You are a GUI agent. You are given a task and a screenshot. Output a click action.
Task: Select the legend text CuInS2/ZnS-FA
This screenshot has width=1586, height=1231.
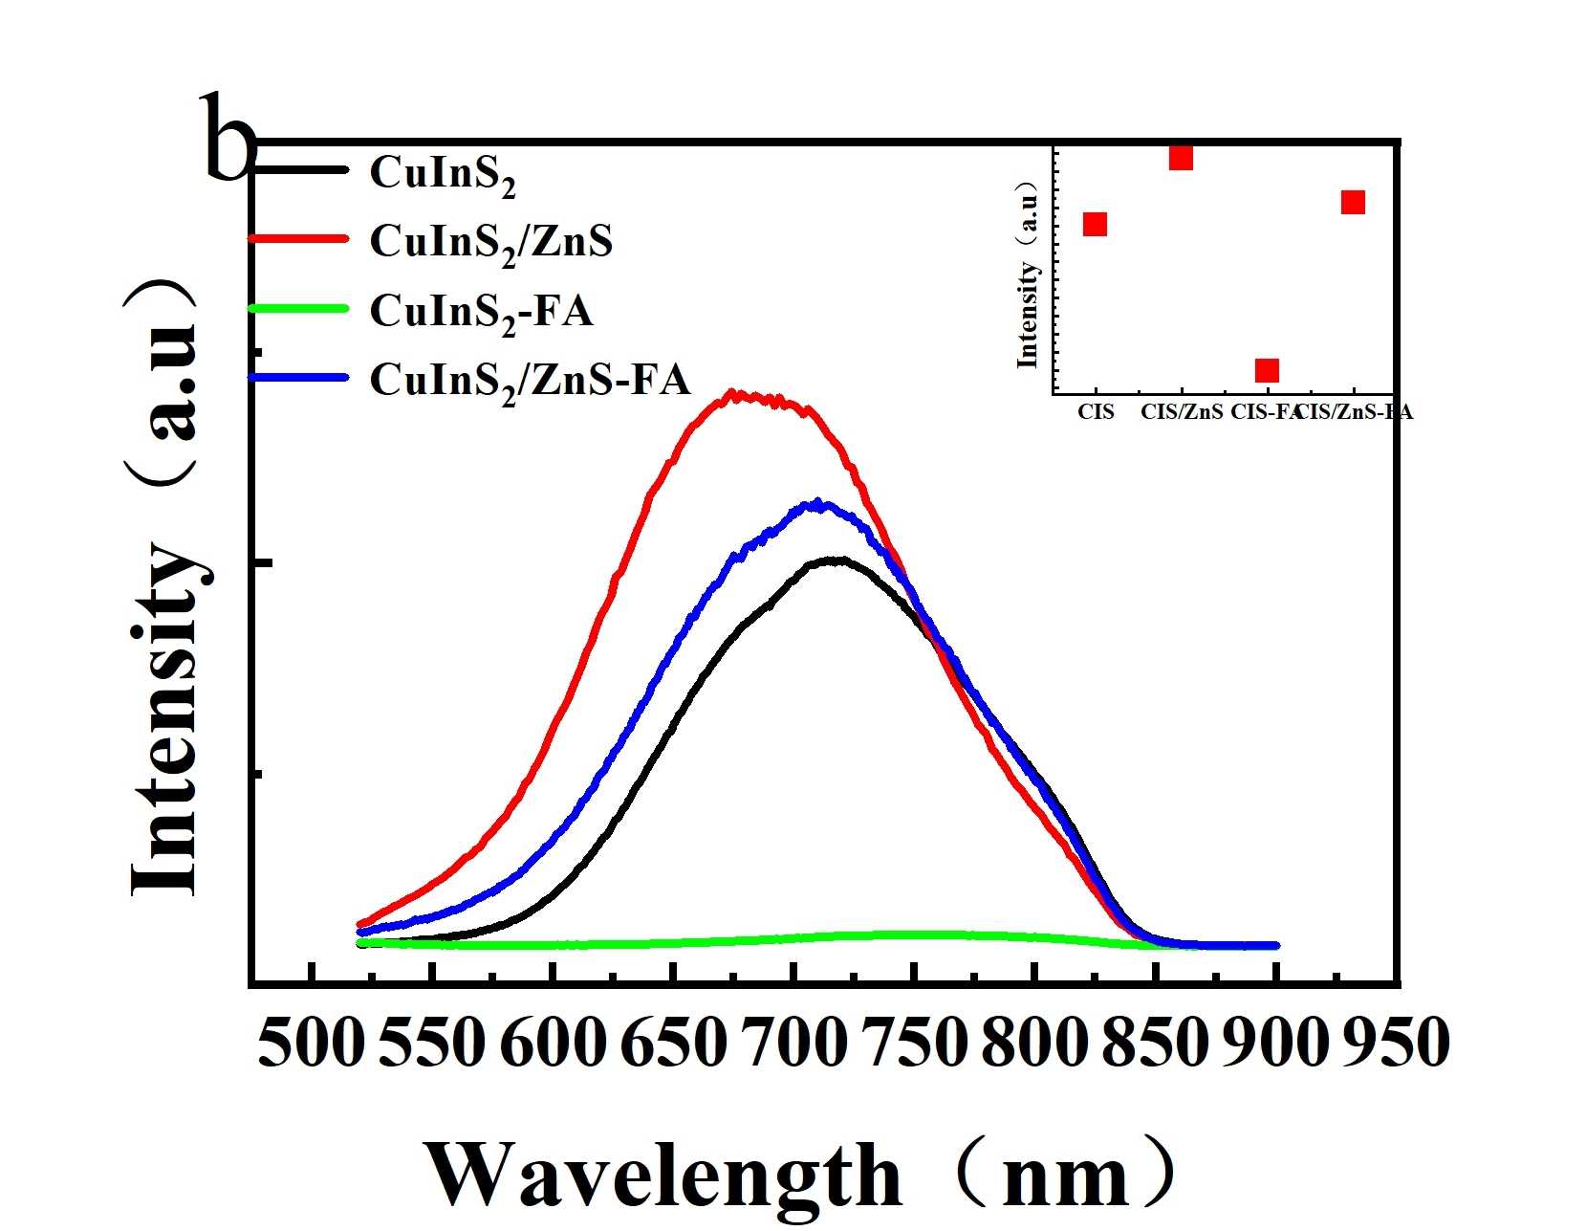click(x=530, y=381)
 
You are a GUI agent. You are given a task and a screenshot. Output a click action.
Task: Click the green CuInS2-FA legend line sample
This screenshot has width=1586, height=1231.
click(x=298, y=308)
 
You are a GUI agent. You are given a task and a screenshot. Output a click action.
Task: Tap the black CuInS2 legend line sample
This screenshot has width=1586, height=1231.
click(x=298, y=170)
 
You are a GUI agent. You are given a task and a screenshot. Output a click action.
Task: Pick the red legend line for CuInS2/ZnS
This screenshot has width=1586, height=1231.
click(x=298, y=238)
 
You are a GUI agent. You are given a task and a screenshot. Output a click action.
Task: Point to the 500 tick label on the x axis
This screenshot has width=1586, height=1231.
click(x=312, y=1043)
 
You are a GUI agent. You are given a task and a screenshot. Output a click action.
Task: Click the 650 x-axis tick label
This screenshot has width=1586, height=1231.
click(x=673, y=1043)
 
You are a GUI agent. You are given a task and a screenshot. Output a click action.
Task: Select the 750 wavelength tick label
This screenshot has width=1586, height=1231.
click(x=914, y=1043)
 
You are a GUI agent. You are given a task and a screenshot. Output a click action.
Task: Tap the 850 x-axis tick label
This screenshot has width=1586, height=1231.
click(x=1155, y=1043)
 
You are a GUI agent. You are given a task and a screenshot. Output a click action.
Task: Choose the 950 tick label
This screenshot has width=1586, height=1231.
click(x=1396, y=1043)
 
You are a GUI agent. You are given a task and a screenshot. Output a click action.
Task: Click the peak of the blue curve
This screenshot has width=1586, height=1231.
click(x=817, y=502)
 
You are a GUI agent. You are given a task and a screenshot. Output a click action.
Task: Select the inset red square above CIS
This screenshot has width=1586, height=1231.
click(x=1096, y=224)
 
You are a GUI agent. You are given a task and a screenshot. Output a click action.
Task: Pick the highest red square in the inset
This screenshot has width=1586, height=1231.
click(x=1181, y=158)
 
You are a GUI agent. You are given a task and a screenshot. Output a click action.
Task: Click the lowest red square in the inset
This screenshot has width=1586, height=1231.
click(x=1267, y=370)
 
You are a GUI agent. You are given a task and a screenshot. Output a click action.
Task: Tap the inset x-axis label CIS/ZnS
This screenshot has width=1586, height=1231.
click(x=1182, y=413)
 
